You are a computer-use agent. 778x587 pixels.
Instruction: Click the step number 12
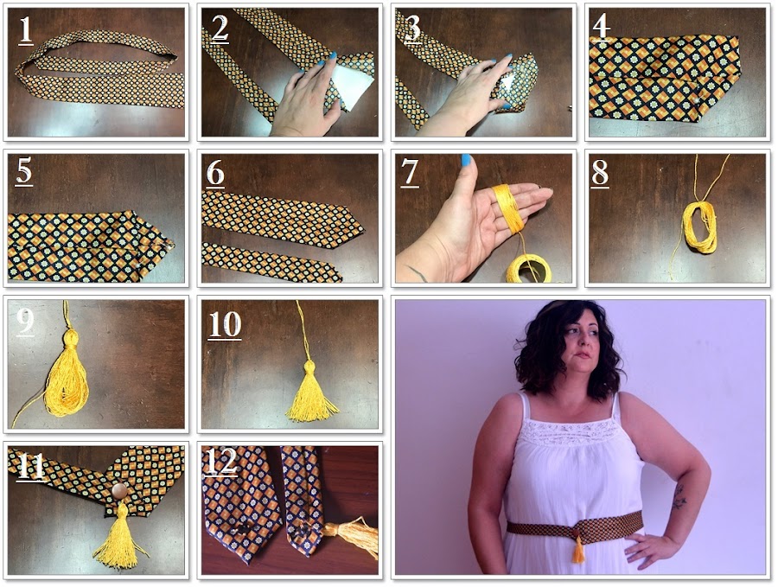click(x=221, y=463)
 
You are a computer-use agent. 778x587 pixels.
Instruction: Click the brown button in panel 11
click(x=119, y=492)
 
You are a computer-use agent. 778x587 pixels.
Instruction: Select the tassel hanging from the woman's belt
click(x=578, y=548)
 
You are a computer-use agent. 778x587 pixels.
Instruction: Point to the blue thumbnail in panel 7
click(x=467, y=160)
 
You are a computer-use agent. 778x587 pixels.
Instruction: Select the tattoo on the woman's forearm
click(x=679, y=496)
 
